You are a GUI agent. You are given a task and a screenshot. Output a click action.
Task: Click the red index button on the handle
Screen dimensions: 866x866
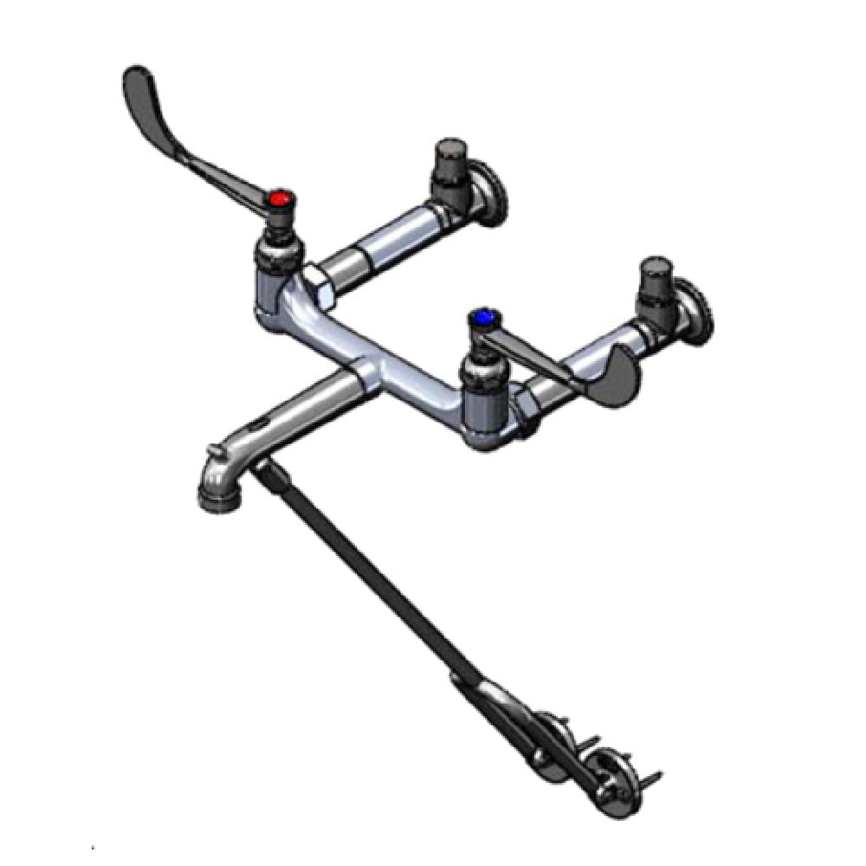[x=279, y=201]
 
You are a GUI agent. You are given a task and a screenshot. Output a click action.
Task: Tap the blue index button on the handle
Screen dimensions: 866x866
[x=479, y=318]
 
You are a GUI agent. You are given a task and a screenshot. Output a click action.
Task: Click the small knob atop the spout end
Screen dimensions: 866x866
[x=211, y=450]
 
